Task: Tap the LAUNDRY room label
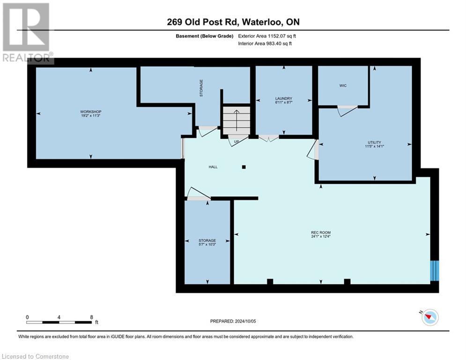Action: click(x=284, y=98)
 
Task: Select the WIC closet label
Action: click(x=342, y=86)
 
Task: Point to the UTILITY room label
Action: click(x=374, y=142)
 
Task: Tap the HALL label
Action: click(x=213, y=167)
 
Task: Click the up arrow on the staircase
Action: click(x=237, y=120)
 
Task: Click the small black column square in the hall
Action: click(x=244, y=166)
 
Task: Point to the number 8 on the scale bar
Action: click(x=91, y=317)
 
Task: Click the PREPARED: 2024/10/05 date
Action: click(x=233, y=321)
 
